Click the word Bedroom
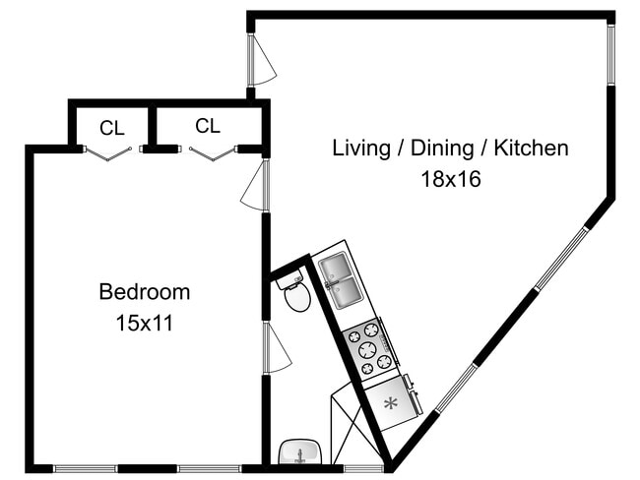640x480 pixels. [144, 292]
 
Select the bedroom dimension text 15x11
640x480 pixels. [144, 323]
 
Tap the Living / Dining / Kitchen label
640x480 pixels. [450, 149]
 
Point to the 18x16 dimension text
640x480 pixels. [450, 180]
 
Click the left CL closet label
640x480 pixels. [110, 127]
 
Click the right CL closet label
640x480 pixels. [207, 125]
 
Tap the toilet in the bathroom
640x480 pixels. [295, 294]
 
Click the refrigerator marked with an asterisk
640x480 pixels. [392, 401]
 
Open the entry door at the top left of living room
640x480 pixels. [262, 62]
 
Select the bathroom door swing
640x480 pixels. [276, 348]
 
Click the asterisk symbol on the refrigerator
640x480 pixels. [390, 402]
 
